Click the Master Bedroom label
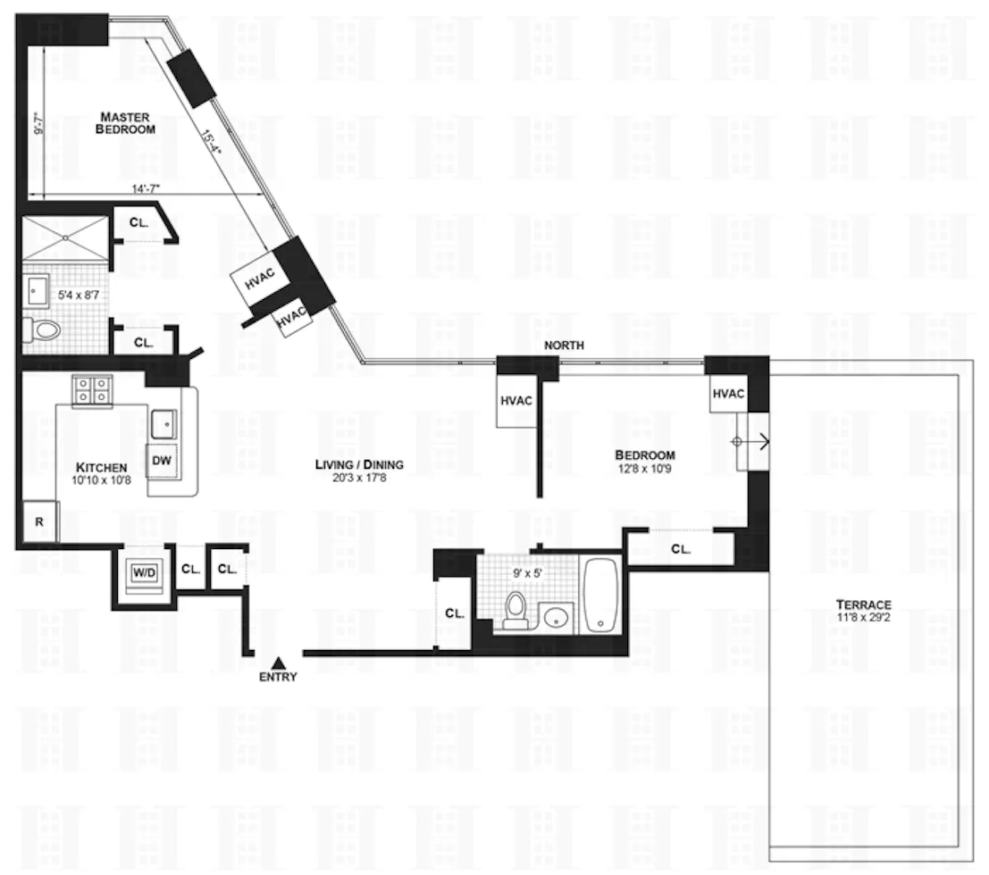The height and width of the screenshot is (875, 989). pos(127,122)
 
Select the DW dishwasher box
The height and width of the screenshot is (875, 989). pos(162,461)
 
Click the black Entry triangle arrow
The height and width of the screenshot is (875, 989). pos(278,662)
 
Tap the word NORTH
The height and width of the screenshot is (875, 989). pos(563,346)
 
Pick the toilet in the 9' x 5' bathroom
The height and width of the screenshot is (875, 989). pos(515,609)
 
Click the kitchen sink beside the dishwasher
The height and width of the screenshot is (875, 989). pos(164,421)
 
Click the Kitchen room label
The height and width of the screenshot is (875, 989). pos(101,468)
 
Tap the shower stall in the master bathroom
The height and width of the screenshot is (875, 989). pos(64,238)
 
